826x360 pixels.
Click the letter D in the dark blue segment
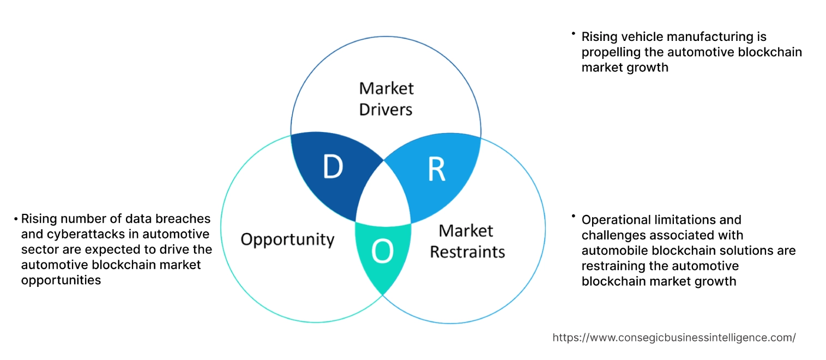tap(333, 167)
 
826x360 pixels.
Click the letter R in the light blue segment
tap(436, 170)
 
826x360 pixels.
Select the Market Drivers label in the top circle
tap(386, 99)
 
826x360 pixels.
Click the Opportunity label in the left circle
tap(287, 239)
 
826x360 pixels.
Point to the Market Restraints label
tap(467, 241)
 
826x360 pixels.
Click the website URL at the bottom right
tap(674, 338)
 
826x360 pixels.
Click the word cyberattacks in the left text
tap(63, 234)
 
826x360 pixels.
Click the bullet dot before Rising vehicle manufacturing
tap(574, 34)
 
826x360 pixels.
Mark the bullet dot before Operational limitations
tap(574, 217)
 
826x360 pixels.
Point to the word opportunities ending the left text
tap(61, 280)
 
